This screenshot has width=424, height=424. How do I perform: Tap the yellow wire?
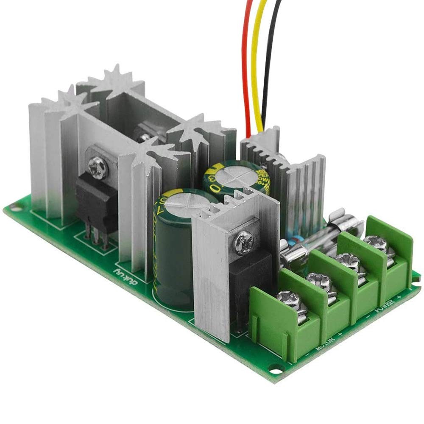coord(255,64)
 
